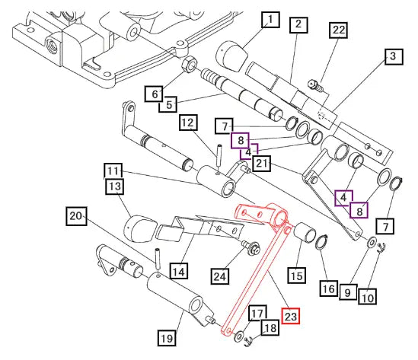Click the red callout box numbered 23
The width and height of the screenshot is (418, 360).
(291, 316)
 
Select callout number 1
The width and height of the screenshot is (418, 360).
(270, 20)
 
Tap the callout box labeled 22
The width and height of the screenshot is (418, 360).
(339, 30)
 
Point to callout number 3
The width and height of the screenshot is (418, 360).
(394, 56)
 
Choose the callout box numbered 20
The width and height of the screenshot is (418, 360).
(76, 216)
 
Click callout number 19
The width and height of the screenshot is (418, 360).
(167, 338)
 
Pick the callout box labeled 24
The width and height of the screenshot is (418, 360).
(220, 276)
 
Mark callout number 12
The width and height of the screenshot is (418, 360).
(188, 123)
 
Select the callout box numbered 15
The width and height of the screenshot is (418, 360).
(297, 275)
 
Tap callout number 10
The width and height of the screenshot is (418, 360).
(367, 296)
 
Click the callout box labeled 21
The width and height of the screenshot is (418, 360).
(262, 163)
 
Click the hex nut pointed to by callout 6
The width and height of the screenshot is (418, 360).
(189, 64)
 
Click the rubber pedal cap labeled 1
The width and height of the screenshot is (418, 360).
(232, 56)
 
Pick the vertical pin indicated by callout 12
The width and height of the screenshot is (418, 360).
(220, 158)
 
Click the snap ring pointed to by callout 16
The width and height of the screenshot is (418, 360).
(321, 242)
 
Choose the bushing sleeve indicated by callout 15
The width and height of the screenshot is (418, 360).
(305, 233)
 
